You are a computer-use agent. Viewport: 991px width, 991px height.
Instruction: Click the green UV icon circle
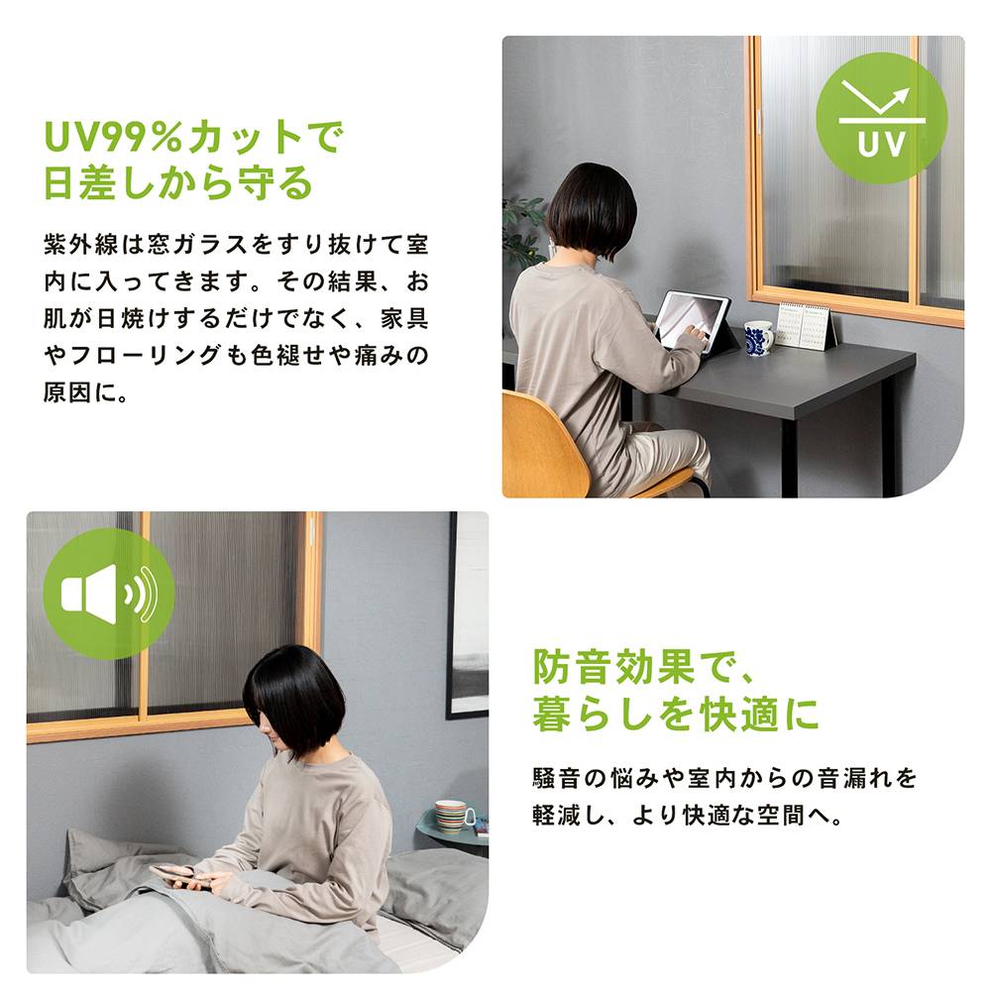tap(881, 118)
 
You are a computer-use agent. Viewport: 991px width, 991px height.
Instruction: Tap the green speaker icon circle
tap(108, 594)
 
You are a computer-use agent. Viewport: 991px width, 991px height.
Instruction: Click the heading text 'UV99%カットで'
tap(192, 138)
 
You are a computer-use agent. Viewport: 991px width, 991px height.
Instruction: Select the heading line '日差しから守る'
tap(178, 183)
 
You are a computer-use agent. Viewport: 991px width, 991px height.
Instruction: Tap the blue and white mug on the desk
tap(758, 338)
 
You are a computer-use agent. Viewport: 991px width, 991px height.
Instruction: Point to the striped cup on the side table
tap(454, 816)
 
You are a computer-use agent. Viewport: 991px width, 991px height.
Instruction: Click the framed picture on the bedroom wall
tap(468, 614)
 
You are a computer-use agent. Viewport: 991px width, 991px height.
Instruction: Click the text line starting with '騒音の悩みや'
tap(724, 776)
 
